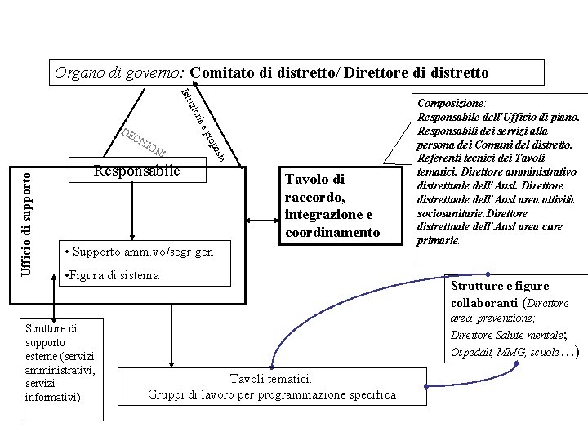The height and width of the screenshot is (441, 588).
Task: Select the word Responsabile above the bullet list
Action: [136, 171]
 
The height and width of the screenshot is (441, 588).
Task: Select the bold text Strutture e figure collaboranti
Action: [501, 293]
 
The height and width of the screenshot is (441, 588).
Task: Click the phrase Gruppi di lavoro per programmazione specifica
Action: [273, 395]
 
